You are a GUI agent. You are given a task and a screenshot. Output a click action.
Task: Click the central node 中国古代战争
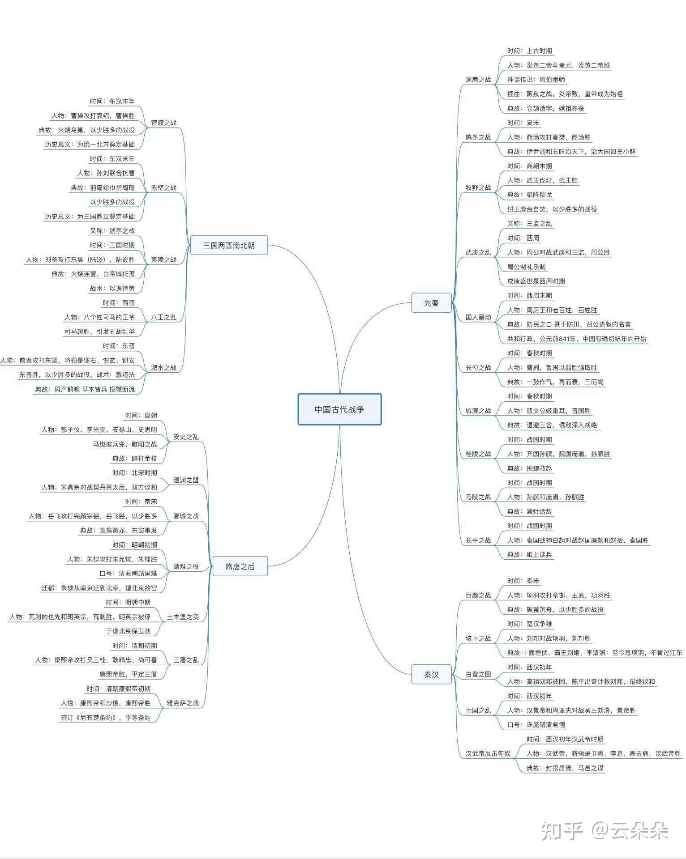(x=339, y=409)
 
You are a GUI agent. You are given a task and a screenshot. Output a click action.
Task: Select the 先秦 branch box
(x=431, y=303)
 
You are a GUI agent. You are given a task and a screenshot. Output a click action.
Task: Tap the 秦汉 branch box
(x=431, y=674)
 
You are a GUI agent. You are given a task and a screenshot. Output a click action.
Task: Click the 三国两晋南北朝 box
(x=229, y=245)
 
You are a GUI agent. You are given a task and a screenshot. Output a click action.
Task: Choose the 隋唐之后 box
(x=240, y=566)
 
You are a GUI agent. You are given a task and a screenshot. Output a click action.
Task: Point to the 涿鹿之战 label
(x=478, y=80)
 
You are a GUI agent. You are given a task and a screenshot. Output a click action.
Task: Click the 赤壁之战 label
(x=163, y=187)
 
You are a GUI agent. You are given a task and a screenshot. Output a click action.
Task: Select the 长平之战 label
(x=478, y=540)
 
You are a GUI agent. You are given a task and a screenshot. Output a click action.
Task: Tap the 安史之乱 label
(x=186, y=437)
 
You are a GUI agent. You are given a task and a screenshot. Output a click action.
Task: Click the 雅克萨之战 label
(x=183, y=703)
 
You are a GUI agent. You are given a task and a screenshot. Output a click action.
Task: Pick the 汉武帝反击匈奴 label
(x=488, y=753)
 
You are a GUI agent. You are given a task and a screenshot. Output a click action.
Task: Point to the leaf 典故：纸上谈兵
(x=530, y=555)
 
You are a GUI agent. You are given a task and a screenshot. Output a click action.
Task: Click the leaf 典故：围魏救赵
(x=530, y=468)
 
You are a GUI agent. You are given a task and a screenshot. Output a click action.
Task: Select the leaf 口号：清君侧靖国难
(x=128, y=574)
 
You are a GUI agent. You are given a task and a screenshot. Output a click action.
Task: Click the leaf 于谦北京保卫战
(x=128, y=631)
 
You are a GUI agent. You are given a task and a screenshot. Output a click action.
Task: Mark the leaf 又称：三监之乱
(x=530, y=224)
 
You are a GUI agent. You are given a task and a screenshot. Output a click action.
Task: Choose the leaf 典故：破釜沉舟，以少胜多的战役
(x=555, y=609)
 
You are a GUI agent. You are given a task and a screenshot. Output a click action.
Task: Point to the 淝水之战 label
(x=163, y=367)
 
